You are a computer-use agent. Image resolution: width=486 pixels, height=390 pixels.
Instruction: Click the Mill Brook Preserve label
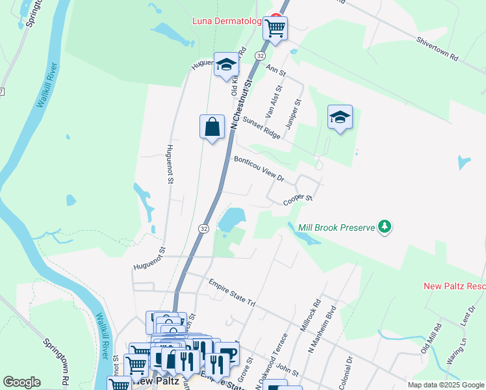pos(337,227)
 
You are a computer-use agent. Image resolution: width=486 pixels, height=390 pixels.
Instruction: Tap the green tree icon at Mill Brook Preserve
pos(386,226)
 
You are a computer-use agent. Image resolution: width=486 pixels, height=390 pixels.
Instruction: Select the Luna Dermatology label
pos(227,21)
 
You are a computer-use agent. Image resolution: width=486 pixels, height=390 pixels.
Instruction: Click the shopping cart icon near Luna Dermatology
pos(275,27)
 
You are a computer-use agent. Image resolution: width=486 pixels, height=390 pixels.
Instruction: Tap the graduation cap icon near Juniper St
pos(340,117)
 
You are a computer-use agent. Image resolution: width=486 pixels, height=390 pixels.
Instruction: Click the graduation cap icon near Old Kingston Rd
pos(227,64)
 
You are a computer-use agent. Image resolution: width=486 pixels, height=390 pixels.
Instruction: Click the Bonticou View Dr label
pos(259,168)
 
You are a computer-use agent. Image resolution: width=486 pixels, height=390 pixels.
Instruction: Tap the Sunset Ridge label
pos(261,127)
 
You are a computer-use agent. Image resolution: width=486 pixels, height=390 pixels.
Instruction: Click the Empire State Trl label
pos(233,294)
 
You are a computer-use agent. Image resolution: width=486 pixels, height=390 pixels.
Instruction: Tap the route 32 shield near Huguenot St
pos(203,229)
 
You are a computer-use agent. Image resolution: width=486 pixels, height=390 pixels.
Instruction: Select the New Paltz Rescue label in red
pos(454,286)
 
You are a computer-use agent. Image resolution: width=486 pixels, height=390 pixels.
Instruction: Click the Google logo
pos(21,382)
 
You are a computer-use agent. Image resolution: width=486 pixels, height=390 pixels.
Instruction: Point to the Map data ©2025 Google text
pos(446,385)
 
